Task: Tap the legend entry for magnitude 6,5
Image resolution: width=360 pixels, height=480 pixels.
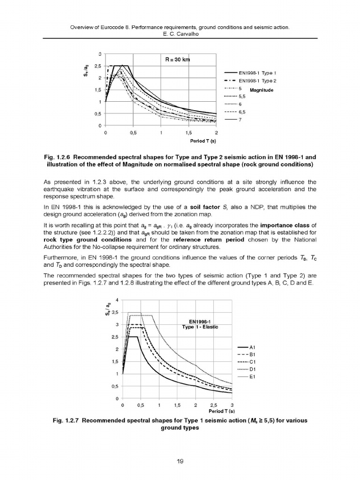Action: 242,112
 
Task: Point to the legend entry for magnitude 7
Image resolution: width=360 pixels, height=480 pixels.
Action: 240,120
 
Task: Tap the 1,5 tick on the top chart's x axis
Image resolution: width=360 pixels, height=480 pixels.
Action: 189,133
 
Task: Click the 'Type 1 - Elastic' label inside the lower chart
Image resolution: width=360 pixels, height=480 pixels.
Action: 200,327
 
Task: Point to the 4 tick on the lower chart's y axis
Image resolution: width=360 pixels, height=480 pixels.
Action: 116,300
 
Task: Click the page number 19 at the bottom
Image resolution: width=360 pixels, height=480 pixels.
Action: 180,462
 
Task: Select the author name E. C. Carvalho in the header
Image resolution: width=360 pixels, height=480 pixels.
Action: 180,34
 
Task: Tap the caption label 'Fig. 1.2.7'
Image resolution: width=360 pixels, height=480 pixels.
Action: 67,420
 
